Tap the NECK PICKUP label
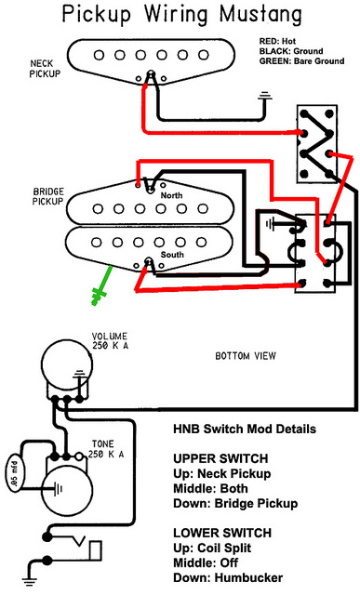pos(45,69)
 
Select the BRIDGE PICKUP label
pos(48,196)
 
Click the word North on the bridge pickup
pos(171,195)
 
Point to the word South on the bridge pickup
pos(172,254)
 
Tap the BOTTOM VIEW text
pos(246,356)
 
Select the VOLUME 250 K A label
pos(110,341)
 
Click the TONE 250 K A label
pos(106,449)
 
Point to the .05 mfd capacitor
pos(15,471)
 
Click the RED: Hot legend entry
pos(277,41)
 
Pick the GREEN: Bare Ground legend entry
pos(302,61)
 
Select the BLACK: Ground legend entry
pos(291,51)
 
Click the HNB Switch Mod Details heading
pos(245,429)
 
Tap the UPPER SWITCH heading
pos(220,458)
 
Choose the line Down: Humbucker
pos(228,577)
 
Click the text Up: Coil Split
pos(212,548)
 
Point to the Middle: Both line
pos(210,488)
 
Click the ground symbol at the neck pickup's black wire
pos(265,97)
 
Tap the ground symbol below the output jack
pos(29,579)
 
